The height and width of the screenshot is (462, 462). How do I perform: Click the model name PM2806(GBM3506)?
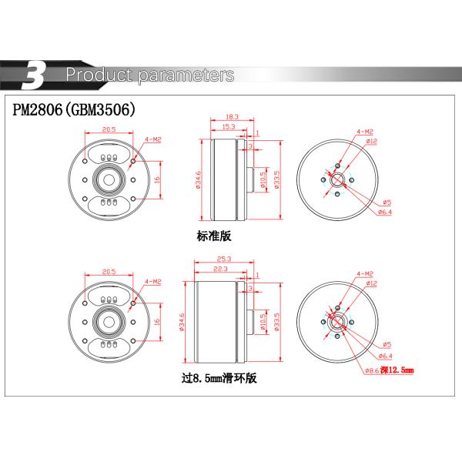click(x=74, y=109)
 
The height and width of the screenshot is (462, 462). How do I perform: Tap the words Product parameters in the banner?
click(x=150, y=75)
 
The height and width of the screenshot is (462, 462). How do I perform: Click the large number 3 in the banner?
click(x=34, y=75)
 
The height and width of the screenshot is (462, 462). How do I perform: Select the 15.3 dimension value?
click(x=228, y=126)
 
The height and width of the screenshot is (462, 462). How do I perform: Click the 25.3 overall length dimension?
click(x=224, y=259)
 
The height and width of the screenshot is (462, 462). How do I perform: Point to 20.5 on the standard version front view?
click(x=109, y=129)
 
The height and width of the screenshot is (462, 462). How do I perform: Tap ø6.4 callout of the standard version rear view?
click(x=386, y=212)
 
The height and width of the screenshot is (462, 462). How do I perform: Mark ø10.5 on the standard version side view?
click(x=263, y=180)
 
